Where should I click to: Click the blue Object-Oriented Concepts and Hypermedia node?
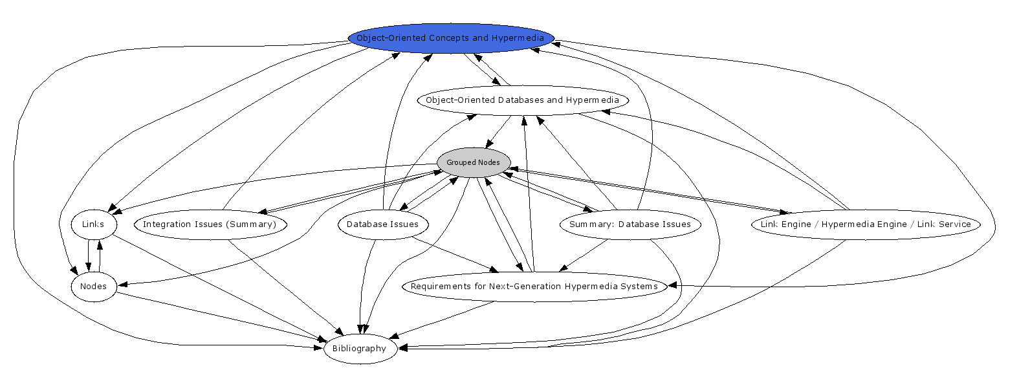(451, 38)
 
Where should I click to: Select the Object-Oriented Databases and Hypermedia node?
(522, 100)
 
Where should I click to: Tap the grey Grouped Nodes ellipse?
(473, 162)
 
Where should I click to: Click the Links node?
(93, 224)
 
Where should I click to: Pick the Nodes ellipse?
(93, 287)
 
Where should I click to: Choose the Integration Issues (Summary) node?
(210, 224)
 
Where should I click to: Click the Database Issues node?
(382, 224)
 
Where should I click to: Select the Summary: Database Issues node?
(630, 224)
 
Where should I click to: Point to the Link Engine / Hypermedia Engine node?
(865, 224)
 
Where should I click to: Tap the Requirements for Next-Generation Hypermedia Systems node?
(534, 287)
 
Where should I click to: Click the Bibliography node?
(359, 349)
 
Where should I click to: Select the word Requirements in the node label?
(441, 287)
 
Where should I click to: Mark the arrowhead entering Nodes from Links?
(89, 267)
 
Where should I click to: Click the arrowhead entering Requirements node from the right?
(674, 285)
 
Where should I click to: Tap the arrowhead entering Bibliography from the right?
(403, 348)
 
